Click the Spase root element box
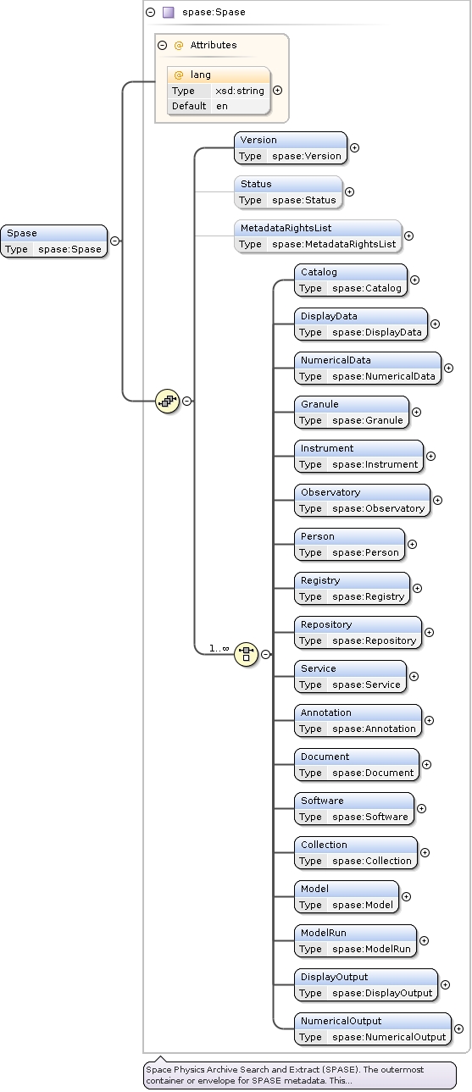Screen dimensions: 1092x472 click(x=54, y=241)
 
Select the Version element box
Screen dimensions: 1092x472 click(x=291, y=147)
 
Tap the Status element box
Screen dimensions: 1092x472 click(x=288, y=191)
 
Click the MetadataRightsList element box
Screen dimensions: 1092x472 click(x=318, y=236)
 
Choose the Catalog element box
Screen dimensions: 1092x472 click(x=351, y=280)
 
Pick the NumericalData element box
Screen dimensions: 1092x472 click(x=368, y=368)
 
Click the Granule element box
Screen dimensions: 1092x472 click(x=352, y=412)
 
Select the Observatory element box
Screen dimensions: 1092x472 click(x=362, y=500)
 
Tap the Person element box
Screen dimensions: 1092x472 click(x=349, y=544)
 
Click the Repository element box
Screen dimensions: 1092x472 click(x=358, y=632)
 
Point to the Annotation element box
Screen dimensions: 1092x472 click(x=358, y=720)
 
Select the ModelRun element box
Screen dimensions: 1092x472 click(x=355, y=940)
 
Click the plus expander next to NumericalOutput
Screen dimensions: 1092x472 click(x=458, y=1028)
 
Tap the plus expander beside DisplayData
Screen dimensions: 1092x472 click(x=435, y=324)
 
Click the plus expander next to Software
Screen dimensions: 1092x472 click(x=421, y=808)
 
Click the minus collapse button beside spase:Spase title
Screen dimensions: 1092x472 click(x=151, y=13)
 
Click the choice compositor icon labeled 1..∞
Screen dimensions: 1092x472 click(x=246, y=653)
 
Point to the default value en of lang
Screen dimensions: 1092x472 click(x=222, y=106)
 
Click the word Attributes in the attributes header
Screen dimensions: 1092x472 click(x=213, y=45)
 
